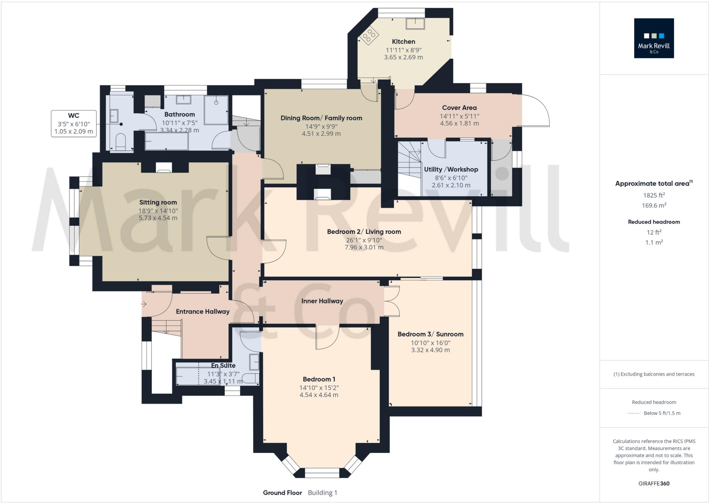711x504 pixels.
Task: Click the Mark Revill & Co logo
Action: pos(654,38)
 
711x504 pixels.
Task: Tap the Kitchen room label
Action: pos(403,42)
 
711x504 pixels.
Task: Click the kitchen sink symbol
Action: pos(415,24)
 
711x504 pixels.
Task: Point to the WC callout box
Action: pos(74,124)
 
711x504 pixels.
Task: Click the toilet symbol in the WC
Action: pos(120,141)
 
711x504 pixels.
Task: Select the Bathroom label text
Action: pos(180,114)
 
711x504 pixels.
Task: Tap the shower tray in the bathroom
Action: pos(216,110)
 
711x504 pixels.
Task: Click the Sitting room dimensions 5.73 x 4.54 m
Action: pos(158,218)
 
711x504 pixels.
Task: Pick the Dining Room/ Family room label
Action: pos(321,118)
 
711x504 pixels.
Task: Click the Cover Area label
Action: pos(459,108)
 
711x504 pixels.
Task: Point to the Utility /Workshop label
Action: pos(451,169)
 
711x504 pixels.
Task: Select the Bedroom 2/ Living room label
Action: pos(364,232)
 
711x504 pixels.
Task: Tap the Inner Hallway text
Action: pos(322,301)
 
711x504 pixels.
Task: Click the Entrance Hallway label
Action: pos(202,312)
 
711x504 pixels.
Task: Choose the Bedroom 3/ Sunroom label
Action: pos(430,334)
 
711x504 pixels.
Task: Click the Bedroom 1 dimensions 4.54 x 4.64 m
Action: pos(319,395)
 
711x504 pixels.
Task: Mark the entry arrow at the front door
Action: pos(144,304)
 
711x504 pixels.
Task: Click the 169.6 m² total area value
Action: pos(654,205)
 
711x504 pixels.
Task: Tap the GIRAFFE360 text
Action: pos(654,484)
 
